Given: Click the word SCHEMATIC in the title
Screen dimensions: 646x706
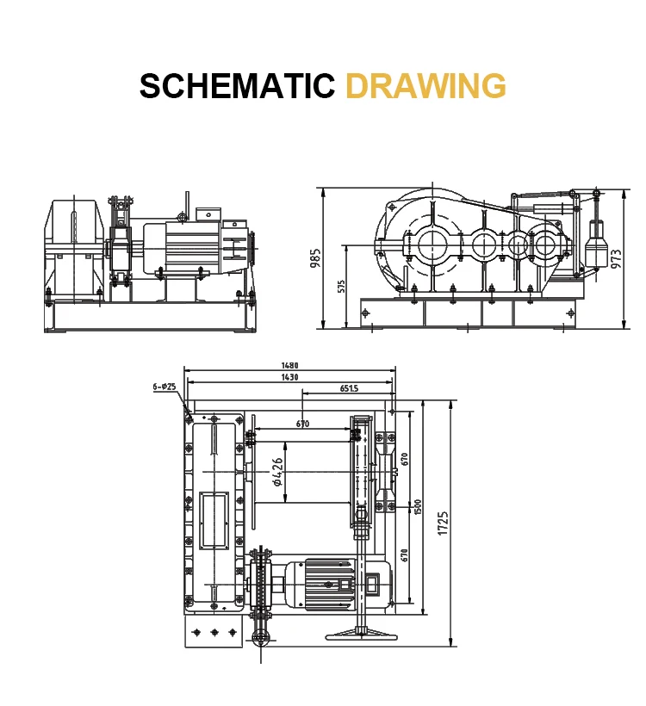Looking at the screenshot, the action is coord(237,85).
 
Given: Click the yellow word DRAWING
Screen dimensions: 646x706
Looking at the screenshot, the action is coord(425,85).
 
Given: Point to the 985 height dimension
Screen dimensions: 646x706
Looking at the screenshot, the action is coord(316,257).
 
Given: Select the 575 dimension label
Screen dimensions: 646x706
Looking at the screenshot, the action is coord(340,287).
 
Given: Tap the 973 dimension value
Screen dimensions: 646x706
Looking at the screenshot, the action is coord(616,259).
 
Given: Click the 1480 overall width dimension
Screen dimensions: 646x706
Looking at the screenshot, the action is coord(289,366).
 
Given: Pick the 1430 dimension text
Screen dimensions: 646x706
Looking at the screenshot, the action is coord(289,377).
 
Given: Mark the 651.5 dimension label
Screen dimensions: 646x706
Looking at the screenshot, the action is coord(349,388).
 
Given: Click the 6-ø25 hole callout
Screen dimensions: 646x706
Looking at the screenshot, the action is coord(164,387).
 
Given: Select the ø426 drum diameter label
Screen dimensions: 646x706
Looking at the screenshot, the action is coord(278,472).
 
